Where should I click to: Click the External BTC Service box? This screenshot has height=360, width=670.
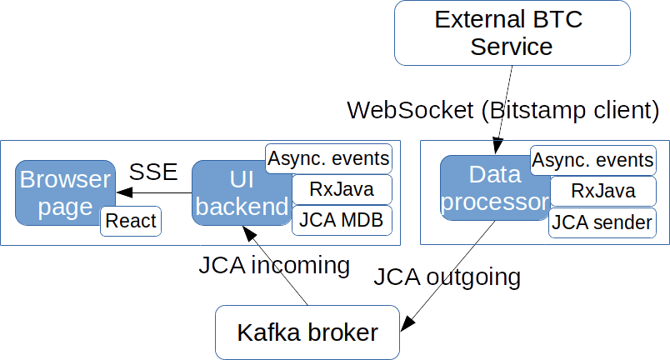tap(511, 32)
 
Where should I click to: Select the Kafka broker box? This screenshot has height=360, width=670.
tap(307, 332)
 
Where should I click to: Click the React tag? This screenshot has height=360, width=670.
tap(131, 221)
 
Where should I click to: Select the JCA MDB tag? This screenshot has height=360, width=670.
tap(340, 221)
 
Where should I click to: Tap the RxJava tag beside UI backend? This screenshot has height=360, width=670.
tap(340, 189)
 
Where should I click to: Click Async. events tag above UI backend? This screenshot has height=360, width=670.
tap(327, 157)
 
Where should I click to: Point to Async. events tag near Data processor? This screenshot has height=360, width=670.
tap(592, 160)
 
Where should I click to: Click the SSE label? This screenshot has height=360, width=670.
tap(153, 172)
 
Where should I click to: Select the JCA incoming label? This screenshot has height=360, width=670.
tap(272, 266)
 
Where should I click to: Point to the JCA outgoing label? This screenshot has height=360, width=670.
tap(447, 277)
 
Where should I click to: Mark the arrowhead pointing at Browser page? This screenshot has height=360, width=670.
tap(122, 193)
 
